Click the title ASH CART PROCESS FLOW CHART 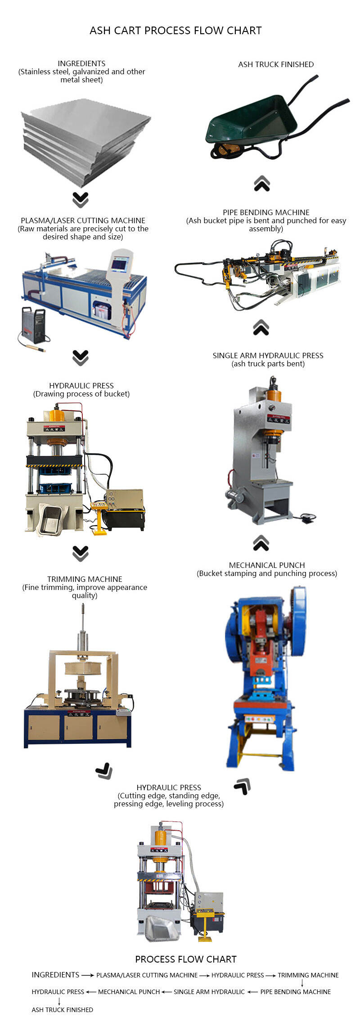175,31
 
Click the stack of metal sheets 85,142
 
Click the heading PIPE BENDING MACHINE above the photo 266,212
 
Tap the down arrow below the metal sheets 81,199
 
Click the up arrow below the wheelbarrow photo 262,184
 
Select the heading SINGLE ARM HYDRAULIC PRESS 268,355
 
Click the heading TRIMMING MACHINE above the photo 85,579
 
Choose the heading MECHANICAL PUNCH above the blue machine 267,565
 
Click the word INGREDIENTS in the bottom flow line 55,975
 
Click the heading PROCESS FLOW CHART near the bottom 186,959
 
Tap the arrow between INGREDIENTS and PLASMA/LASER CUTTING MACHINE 88,975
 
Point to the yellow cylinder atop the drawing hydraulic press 57,415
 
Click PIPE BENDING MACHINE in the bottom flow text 295,992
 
